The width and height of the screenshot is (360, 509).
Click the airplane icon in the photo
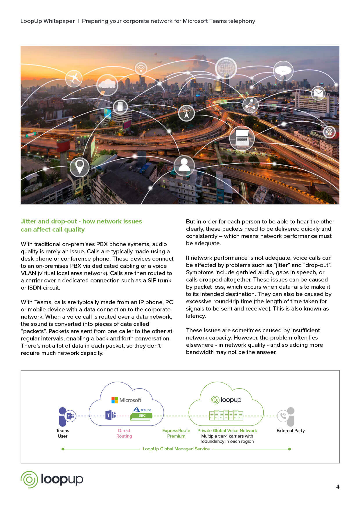click(x=74, y=78)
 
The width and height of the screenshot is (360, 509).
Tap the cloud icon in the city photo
click(x=107, y=84)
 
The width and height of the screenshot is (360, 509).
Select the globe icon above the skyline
click(x=226, y=68)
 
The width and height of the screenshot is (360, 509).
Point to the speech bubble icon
click(x=283, y=71)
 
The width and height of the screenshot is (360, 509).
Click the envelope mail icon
click(x=318, y=93)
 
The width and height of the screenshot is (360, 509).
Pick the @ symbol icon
click(x=329, y=132)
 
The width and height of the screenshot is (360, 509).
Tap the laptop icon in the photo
click(x=242, y=138)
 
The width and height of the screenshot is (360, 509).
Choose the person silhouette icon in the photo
click(x=184, y=165)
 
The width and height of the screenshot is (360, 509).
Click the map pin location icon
click(x=80, y=167)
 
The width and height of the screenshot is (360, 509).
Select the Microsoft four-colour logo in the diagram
click(x=115, y=400)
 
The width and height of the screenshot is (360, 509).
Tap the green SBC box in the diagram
click(x=142, y=416)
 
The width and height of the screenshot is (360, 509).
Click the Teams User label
click(x=62, y=433)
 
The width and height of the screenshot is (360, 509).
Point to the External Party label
click(x=291, y=431)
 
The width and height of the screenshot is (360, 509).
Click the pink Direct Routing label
click(x=124, y=433)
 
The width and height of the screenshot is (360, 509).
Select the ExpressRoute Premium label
click(x=176, y=433)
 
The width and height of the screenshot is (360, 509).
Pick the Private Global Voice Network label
click(x=227, y=431)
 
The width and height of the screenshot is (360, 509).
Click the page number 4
click(x=338, y=487)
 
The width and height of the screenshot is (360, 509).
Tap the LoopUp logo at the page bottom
click(x=52, y=479)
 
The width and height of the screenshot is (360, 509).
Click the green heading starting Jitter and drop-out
click(x=81, y=225)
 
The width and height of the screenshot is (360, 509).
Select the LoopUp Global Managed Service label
click(x=176, y=449)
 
